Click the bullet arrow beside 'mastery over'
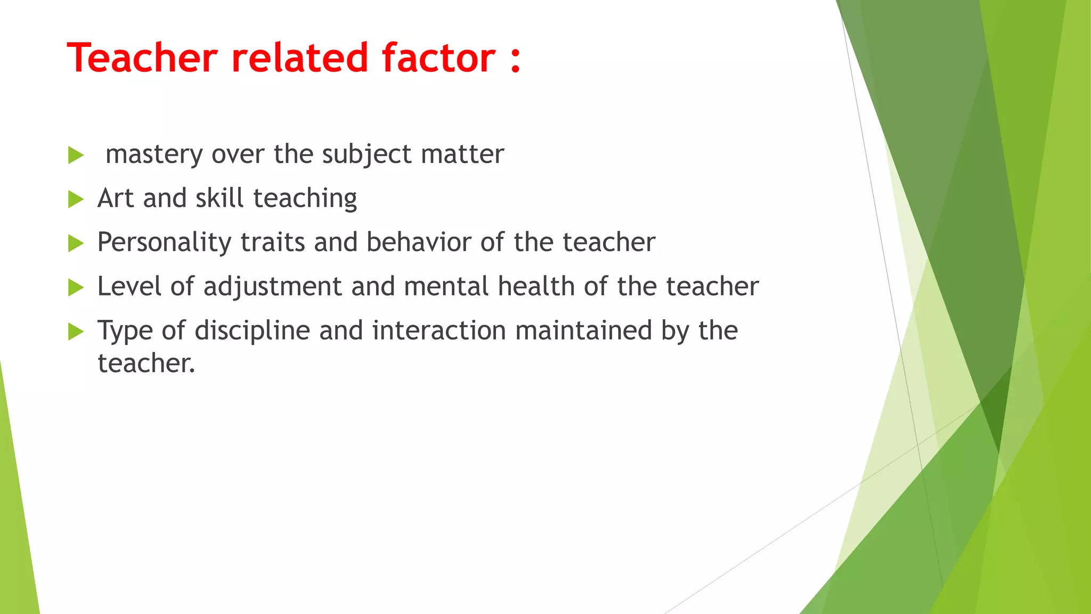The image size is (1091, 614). (x=76, y=156)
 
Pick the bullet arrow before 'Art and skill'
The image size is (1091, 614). (x=76, y=200)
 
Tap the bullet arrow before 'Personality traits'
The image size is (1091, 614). (x=76, y=244)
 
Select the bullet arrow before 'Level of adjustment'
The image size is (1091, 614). (x=76, y=288)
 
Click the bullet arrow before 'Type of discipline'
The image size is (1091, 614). (x=76, y=332)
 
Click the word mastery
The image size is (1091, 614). (x=154, y=155)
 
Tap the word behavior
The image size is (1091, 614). (x=419, y=243)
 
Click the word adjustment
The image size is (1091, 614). (x=272, y=287)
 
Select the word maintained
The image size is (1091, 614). (x=583, y=330)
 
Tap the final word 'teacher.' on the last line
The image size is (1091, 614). (x=146, y=363)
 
